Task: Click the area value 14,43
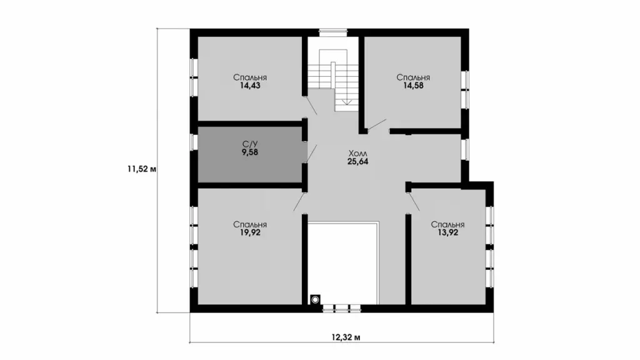point(250,86)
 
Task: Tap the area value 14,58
point(413,86)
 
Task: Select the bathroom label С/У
point(250,144)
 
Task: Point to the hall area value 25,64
point(357,162)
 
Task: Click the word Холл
point(357,154)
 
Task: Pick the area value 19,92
point(250,232)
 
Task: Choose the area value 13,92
point(447,232)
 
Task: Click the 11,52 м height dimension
point(142,169)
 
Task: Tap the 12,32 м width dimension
point(346,337)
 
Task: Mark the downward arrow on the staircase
point(347,102)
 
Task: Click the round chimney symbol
point(315,300)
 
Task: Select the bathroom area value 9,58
point(250,152)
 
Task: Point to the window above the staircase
point(333,31)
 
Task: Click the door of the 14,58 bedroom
point(377,124)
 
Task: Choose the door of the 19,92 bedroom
point(299,201)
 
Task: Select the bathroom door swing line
point(312,154)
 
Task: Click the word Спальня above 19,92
point(250,224)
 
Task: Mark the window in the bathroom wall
point(194,142)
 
